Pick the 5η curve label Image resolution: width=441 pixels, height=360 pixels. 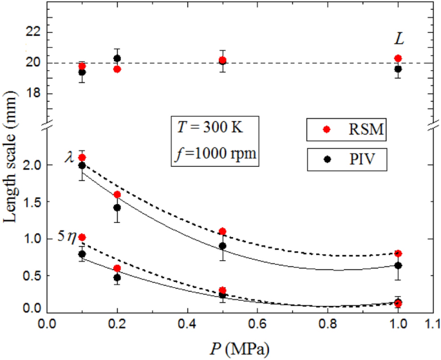[66, 237]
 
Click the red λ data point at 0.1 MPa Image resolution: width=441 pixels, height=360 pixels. [82, 158]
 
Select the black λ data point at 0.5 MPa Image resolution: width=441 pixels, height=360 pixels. [222, 245]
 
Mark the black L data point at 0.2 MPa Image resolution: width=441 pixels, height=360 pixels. [117, 59]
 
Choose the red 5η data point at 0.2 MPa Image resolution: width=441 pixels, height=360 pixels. [117, 269]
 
